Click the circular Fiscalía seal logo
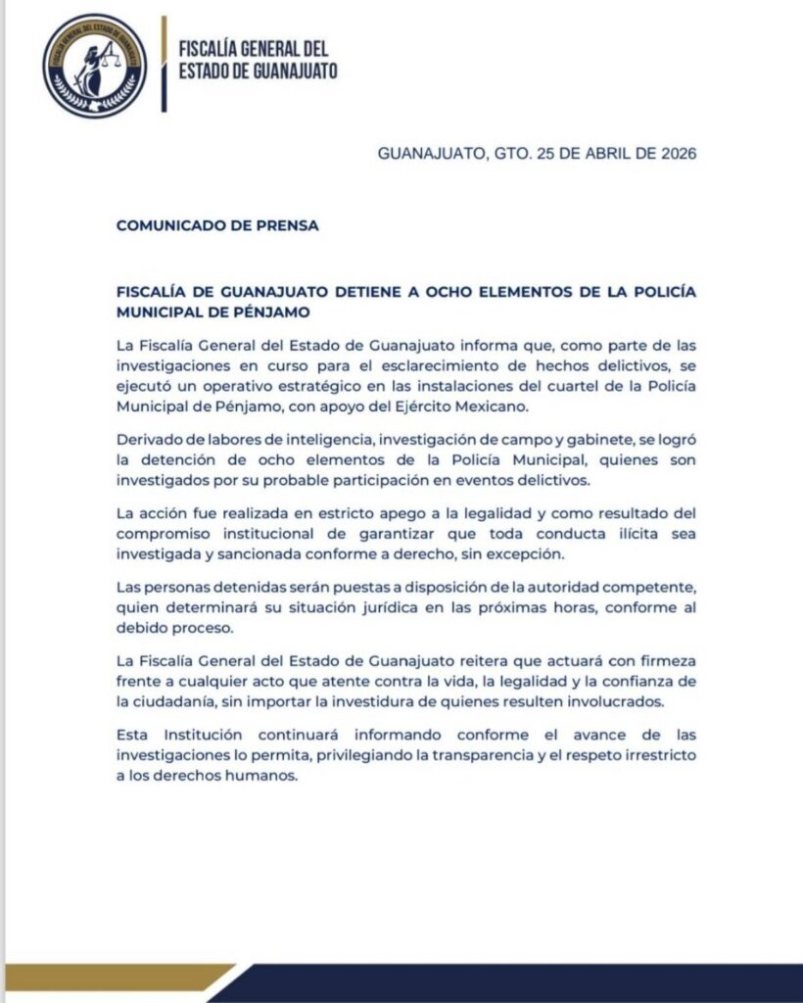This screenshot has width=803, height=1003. [95, 66]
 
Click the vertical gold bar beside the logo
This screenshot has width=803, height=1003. [164, 65]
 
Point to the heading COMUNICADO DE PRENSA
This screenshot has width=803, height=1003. [217, 224]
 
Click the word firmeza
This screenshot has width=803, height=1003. [664, 654]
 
